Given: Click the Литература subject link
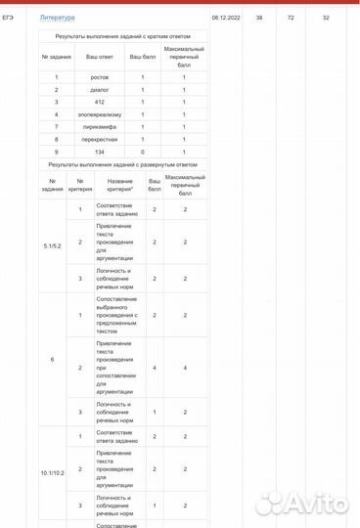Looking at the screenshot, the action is click(57, 18).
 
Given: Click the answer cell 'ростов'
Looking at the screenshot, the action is click(99, 76).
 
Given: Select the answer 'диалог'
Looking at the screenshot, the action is click(99, 89).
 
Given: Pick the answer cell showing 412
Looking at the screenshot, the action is click(99, 102).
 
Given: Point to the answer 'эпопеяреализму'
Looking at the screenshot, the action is click(99, 114).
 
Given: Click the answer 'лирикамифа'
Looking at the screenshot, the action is click(99, 127).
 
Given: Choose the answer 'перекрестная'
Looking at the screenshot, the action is click(99, 140).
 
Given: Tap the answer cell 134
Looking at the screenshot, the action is click(99, 153).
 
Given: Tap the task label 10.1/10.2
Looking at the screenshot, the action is click(53, 471).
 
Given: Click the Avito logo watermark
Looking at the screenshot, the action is click(306, 505).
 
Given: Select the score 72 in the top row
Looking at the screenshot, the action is click(291, 18).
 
